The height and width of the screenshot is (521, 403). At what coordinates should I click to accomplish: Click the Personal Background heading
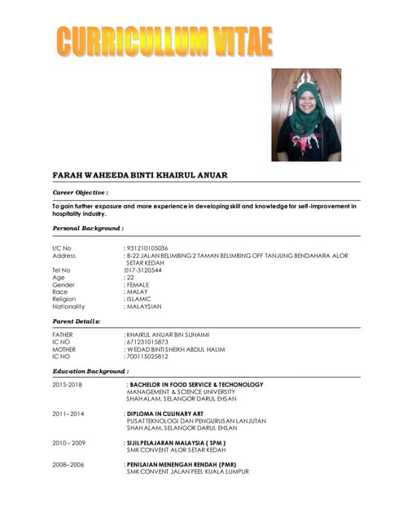[x=88, y=229]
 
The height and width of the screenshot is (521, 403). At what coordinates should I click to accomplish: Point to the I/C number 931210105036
[x=147, y=247]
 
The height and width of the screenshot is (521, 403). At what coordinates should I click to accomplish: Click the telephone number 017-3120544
[x=145, y=269]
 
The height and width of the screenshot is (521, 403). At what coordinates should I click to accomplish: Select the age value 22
[x=129, y=278]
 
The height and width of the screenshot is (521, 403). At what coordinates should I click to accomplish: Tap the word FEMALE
[x=138, y=285]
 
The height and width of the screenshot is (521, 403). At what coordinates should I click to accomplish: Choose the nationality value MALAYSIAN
[x=144, y=307]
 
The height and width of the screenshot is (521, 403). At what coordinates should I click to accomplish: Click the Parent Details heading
[x=76, y=322]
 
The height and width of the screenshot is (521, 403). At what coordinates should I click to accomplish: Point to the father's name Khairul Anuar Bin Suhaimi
[x=168, y=335]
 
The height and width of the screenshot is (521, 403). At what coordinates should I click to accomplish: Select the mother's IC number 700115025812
[x=147, y=357]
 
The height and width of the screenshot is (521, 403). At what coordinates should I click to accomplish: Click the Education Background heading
[x=90, y=371]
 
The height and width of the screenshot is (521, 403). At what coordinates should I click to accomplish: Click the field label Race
[x=59, y=292]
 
